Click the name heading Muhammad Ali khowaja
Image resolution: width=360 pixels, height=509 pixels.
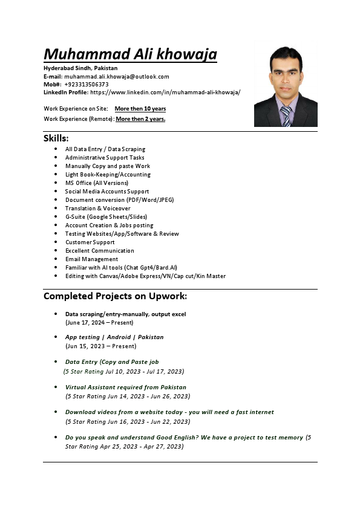click(x=130, y=54)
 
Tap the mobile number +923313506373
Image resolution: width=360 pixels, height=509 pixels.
click(x=87, y=85)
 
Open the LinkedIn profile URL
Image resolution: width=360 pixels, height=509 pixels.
click(x=165, y=92)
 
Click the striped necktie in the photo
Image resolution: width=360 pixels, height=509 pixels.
click(x=285, y=115)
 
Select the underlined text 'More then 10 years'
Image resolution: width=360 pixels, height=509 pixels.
click(x=140, y=109)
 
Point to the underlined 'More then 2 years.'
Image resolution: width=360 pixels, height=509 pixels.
click(x=140, y=119)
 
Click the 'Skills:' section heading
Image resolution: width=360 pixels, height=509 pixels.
click(x=56, y=138)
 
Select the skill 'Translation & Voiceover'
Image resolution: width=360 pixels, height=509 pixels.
click(x=97, y=208)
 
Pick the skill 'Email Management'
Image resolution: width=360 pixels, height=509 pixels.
click(x=91, y=259)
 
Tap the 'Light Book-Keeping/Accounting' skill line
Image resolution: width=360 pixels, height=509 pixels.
click(x=108, y=174)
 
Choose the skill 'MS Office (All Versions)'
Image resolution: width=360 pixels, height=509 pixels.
click(x=97, y=183)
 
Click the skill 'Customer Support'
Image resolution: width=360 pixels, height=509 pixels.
click(x=90, y=242)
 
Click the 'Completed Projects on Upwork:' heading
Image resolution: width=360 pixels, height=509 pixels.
click(x=115, y=296)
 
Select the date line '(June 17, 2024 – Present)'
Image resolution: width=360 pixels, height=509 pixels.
click(x=99, y=323)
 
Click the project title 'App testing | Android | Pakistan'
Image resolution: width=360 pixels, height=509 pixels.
click(x=114, y=337)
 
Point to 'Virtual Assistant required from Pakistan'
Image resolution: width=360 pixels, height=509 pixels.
click(x=126, y=387)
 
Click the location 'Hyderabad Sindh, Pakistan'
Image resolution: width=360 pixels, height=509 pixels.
click(x=80, y=68)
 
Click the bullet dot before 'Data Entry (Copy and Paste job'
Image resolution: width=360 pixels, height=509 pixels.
click(x=56, y=362)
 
